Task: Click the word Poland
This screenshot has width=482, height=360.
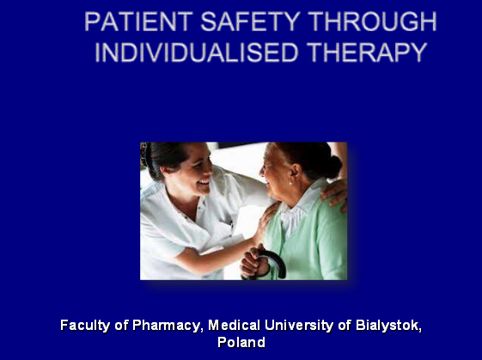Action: pyautogui.click(x=241, y=342)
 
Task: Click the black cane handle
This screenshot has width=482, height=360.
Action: pyautogui.click(x=270, y=258)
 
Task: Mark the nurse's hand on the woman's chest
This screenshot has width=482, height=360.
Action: pyautogui.click(x=263, y=223)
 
